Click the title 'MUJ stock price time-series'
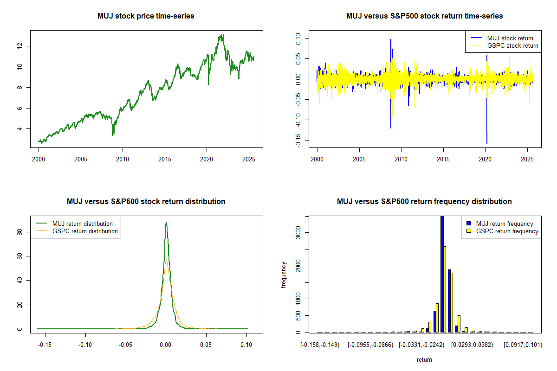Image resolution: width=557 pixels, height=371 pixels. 146,16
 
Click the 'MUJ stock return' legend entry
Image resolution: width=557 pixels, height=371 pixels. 510,38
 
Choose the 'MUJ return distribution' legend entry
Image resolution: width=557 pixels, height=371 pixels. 82,224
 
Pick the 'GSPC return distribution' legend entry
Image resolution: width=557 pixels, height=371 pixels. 85,231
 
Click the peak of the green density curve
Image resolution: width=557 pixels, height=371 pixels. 166,223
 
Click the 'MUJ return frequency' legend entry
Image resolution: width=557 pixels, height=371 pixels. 505,224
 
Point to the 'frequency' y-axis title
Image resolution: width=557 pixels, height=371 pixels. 284,275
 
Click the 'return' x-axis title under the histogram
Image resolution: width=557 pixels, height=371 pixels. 424,359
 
